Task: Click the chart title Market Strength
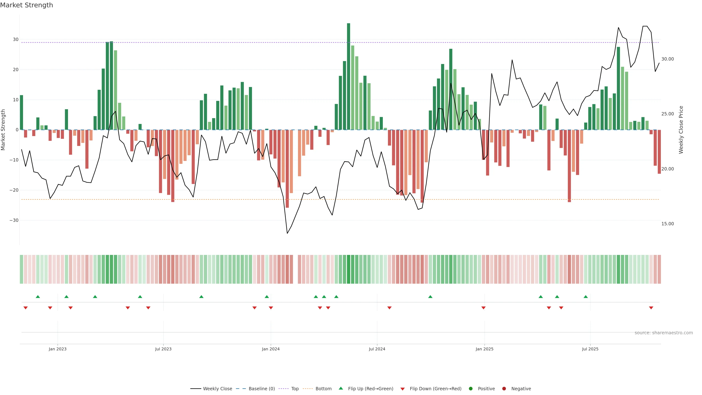coord(27,5)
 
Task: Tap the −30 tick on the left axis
coord(14,220)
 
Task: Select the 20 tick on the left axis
coord(16,69)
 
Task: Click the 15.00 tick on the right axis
coord(667,224)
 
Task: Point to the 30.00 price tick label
coord(667,59)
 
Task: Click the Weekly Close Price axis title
coord(681,130)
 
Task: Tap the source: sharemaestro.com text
coord(664,333)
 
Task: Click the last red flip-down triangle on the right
coord(651,308)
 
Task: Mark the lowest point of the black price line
coord(287,233)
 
